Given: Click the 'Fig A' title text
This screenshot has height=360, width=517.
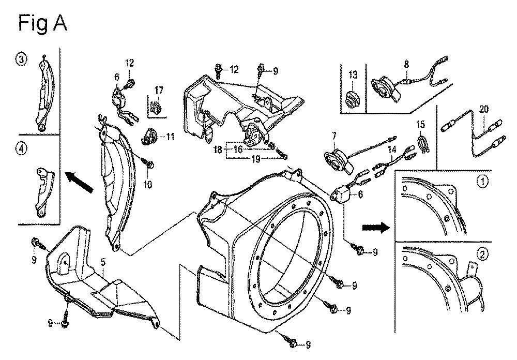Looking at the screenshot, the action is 42,24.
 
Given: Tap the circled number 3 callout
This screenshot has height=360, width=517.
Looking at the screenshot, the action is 22,59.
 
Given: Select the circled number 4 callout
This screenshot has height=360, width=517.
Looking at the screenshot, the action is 21,148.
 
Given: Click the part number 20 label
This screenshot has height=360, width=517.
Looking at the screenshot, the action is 484,109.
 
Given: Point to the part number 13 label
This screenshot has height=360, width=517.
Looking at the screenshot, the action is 353,74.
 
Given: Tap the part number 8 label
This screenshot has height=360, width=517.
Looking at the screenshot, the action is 406,64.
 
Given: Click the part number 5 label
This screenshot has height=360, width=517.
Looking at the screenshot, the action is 103,263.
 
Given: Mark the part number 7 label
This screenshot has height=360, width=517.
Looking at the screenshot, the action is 334,136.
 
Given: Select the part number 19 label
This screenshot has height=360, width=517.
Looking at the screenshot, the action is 256,159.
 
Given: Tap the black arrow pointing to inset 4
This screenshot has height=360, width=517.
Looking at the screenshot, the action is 79,182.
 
